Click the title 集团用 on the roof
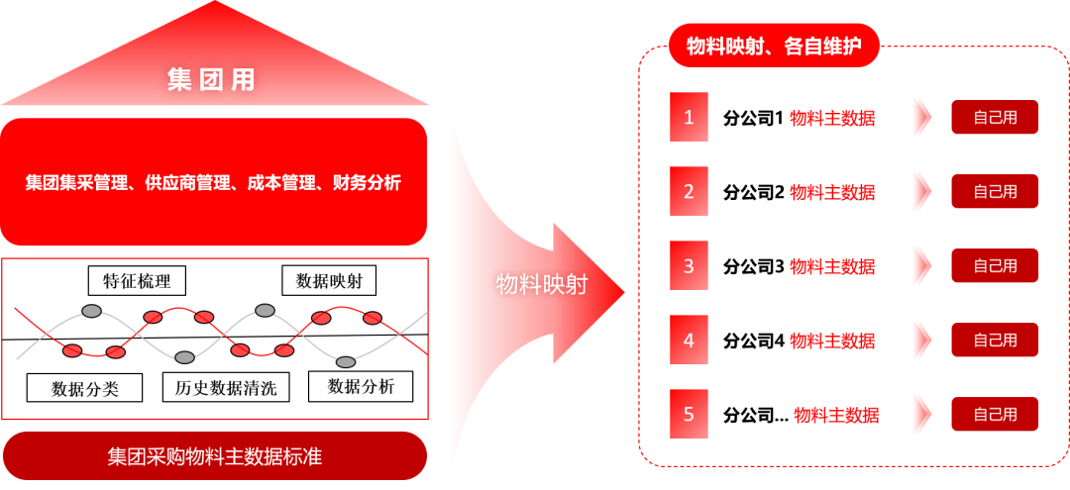coord(211,80)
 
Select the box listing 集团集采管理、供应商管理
coord(213,182)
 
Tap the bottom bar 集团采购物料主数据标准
coord(214,456)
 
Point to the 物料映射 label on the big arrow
coord(541,285)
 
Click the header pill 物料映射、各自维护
coord(774,46)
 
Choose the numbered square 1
coord(689,118)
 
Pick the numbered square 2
coord(689,192)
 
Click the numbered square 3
coord(689,265)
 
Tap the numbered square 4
coord(689,340)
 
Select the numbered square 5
coord(689,414)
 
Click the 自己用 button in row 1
coord(995,118)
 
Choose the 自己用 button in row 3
coord(995,265)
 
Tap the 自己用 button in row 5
coord(995,414)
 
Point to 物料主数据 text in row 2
coord(832,192)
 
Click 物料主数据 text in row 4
coord(832,341)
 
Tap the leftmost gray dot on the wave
coord(91,311)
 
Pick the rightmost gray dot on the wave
coord(346,361)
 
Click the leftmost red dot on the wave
coord(72,350)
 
